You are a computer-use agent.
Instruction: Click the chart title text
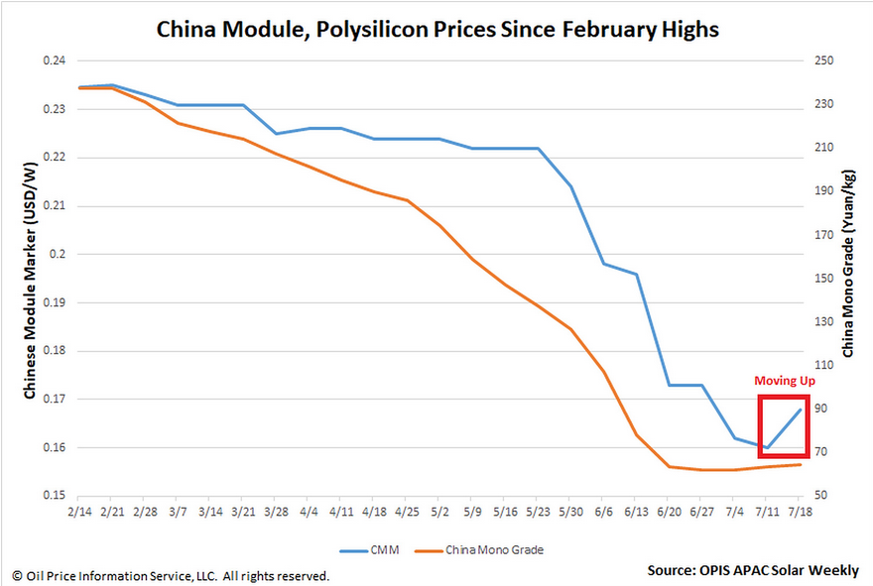[437, 30]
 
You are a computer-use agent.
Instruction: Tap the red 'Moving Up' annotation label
[783, 382]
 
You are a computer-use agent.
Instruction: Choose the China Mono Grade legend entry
[486, 548]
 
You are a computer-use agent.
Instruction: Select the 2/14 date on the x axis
[78, 514]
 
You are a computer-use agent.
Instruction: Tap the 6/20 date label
[669, 514]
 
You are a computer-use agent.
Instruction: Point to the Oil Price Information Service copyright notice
[171, 575]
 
